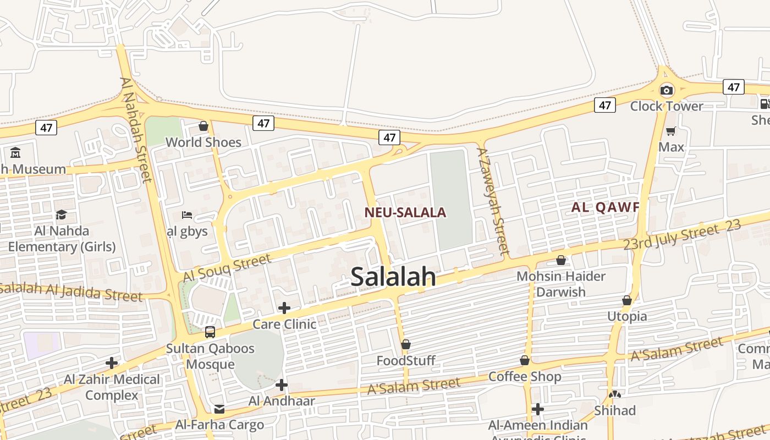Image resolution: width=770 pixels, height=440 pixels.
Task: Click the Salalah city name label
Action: [393, 277]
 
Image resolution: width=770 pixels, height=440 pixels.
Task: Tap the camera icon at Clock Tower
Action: [667, 90]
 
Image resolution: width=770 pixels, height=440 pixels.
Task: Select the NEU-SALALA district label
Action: [405, 213]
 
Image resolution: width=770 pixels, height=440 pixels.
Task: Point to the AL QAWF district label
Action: [605, 207]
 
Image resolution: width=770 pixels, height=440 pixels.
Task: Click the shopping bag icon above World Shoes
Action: [204, 127]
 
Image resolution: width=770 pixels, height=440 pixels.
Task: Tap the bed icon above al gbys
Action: [187, 215]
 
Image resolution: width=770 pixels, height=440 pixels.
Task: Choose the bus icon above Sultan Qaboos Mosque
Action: [210, 332]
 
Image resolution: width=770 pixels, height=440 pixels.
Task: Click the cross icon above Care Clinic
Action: [284, 307]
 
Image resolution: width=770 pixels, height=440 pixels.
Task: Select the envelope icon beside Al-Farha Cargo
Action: [219, 409]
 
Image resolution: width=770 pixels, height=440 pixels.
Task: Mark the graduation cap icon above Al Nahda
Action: [62, 215]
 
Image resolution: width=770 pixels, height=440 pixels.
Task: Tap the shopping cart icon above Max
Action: [671, 131]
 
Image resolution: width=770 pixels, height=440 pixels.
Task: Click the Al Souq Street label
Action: [227, 268]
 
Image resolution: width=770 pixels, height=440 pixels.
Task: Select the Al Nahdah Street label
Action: [135, 129]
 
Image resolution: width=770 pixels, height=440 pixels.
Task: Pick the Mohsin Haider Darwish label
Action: [561, 284]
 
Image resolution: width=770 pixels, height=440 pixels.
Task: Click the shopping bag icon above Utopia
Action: [627, 300]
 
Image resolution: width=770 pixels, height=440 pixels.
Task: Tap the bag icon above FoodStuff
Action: [406, 344]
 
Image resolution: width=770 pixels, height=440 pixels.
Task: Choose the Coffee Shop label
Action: [525, 377]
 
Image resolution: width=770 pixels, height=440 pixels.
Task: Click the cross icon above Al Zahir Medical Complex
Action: [112, 363]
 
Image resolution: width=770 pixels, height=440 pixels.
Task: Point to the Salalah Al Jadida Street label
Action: [71, 291]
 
